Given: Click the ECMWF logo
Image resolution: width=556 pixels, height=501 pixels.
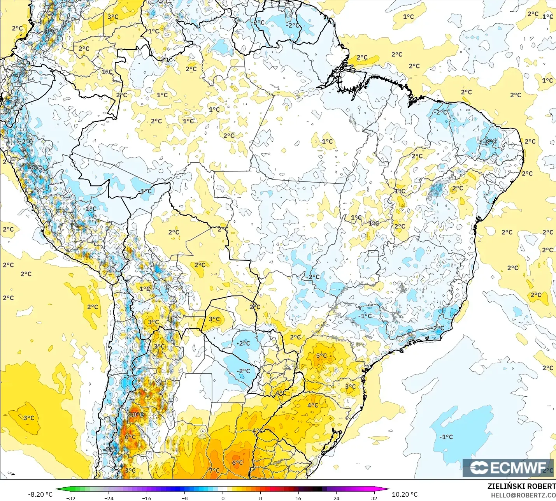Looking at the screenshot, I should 508,468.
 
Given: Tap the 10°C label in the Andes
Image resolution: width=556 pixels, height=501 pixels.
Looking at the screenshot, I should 136,415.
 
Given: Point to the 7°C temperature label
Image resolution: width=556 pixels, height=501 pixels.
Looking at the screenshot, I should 214,470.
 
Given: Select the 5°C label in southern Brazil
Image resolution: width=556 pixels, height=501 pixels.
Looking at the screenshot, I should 321,355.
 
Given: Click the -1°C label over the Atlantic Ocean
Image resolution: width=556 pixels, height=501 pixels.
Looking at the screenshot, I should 446,437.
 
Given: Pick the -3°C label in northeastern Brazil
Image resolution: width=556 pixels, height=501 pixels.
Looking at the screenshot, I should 489,141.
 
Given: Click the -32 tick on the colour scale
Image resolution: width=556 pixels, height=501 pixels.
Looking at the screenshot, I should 70,498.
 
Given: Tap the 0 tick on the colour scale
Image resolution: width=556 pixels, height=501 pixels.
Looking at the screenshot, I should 223,498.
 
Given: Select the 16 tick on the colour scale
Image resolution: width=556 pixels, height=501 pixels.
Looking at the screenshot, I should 298,498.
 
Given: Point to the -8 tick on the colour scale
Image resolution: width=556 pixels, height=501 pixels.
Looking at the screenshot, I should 185,498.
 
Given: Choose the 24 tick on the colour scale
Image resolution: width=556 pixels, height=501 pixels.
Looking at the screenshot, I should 336,498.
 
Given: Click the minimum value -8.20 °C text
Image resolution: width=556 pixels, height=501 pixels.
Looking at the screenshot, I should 40,494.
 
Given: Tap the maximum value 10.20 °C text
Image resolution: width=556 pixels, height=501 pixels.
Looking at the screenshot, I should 405,494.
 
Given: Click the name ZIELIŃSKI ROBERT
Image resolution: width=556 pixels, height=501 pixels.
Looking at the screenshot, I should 521,486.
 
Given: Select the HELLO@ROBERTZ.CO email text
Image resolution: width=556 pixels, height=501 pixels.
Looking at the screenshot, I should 523,495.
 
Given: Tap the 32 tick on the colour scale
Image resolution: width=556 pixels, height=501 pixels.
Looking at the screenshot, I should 374,498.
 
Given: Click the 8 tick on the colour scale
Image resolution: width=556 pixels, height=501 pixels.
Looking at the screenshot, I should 260,498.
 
